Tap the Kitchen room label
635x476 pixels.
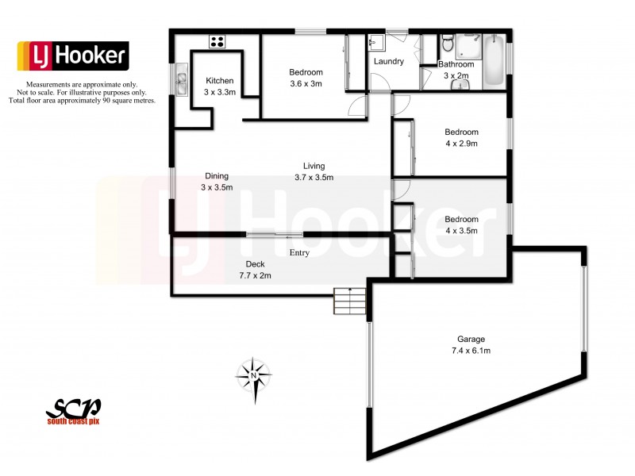(219, 80)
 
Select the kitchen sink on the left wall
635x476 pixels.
(182, 80)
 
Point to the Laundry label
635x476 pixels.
(389, 61)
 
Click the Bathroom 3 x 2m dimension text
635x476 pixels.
(456, 75)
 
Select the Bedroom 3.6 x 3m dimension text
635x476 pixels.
(306, 84)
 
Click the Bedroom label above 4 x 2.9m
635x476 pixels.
(461, 132)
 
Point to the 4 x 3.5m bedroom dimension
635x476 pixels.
(461, 231)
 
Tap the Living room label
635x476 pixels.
(314, 165)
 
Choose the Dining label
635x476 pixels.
(217, 176)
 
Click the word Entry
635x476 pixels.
(299, 253)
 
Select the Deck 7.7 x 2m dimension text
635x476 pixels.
(256, 275)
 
